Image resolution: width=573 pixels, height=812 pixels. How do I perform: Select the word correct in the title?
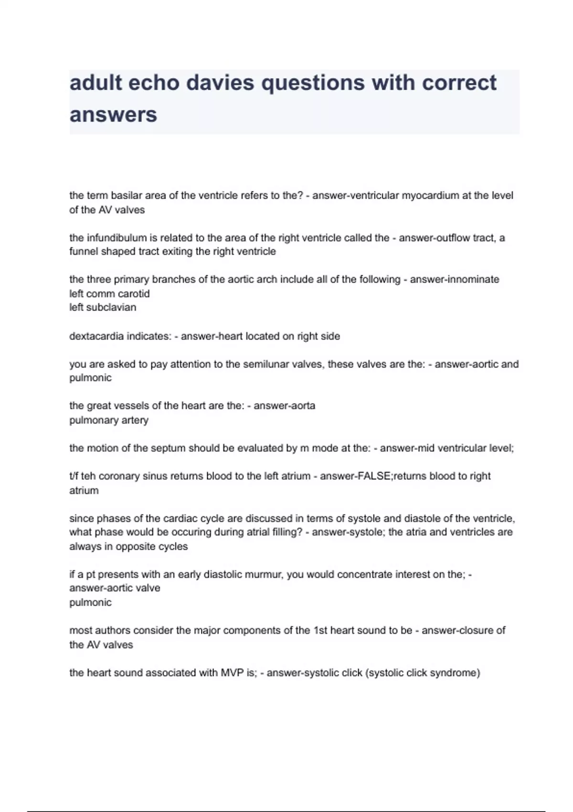point(459,83)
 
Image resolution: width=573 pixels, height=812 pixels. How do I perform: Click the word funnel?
point(84,252)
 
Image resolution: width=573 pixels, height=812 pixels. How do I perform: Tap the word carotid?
point(134,294)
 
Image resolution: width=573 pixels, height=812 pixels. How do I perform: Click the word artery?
point(135,420)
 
